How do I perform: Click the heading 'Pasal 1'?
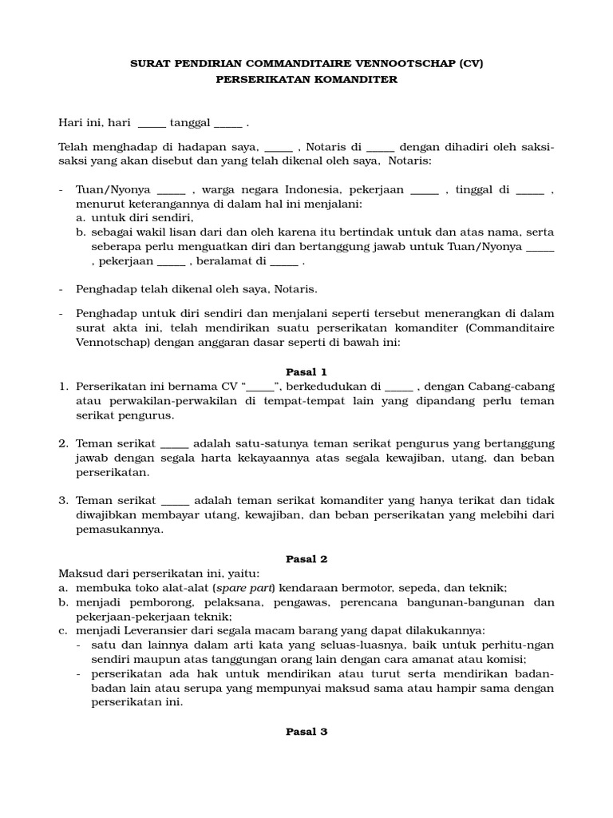(306, 371)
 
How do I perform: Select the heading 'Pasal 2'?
(306, 558)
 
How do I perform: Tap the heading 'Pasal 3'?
(306, 731)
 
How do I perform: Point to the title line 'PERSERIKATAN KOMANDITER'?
(306, 80)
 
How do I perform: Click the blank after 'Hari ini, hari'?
(152, 124)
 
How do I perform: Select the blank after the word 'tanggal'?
(227, 124)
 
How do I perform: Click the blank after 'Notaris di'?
(381, 147)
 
